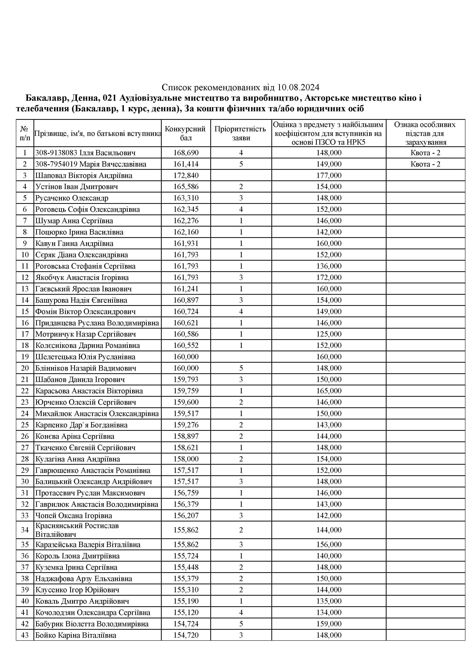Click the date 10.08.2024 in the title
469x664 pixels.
pyautogui.click(x=298, y=87)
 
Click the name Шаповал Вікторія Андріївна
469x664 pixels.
pyautogui.click(x=84, y=175)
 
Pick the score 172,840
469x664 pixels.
pyautogui.click(x=186, y=175)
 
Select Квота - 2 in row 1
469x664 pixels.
pyautogui.click(x=425, y=153)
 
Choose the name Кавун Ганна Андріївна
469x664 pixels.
pyautogui.click(x=74, y=243)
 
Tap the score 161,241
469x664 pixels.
pyautogui.click(x=186, y=289)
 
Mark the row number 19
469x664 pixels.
pyautogui.click(x=25, y=357)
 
